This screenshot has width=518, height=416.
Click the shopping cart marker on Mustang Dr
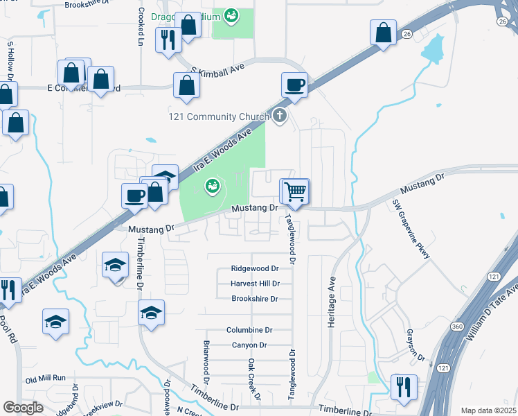[295, 191]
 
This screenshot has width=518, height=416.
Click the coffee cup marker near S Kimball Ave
[294, 85]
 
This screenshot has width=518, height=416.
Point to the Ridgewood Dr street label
[254, 268]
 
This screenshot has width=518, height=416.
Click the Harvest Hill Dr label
[254, 284]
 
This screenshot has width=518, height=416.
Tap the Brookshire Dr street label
[254, 299]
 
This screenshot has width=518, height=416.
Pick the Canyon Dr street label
[249, 345]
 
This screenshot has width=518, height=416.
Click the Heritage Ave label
[331, 293]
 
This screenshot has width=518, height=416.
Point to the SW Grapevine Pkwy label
[411, 229]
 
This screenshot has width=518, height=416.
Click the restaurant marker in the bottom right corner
[403, 388]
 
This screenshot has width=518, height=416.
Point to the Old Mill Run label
[45, 379]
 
